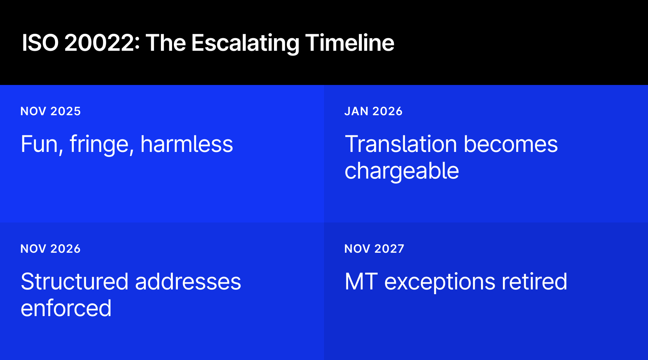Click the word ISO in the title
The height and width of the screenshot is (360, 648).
click(40, 43)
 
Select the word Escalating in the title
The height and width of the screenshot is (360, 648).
click(245, 43)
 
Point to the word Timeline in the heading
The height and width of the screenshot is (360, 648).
click(350, 43)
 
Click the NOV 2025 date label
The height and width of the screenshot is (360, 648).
click(50, 111)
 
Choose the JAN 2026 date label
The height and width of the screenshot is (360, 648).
click(373, 111)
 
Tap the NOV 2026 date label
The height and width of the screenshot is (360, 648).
click(50, 249)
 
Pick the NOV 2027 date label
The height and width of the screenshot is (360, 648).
click(374, 249)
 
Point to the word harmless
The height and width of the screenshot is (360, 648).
click(186, 144)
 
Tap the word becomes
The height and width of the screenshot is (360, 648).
click(510, 144)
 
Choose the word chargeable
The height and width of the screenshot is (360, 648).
click(402, 171)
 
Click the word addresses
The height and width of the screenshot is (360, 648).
click(188, 282)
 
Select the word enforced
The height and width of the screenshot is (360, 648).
click(66, 309)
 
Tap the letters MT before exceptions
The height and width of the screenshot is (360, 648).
click(361, 282)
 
